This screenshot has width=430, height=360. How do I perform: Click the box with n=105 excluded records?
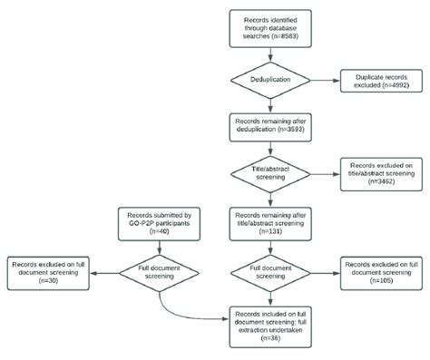coord(380,271)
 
